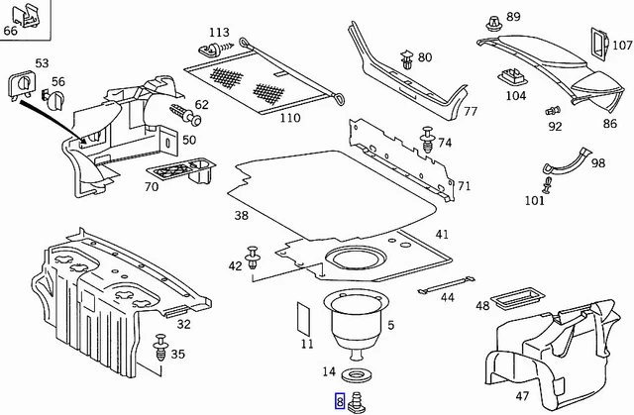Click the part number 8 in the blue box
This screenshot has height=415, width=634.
[x=340, y=401]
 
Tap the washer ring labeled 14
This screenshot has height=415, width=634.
[x=356, y=374]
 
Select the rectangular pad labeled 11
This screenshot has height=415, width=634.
[x=304, y=319]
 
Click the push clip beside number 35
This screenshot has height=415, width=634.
[x=160, y=349]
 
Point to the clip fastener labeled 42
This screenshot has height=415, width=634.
[x=253, y=257]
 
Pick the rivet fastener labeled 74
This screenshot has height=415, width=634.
[x=428, y=140]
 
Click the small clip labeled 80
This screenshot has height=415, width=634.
[x=407, y=59]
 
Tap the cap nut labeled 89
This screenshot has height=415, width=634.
[x=493, y=24]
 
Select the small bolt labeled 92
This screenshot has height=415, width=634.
[x=553, y=110]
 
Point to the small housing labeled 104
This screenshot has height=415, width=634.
[x=514, y=77]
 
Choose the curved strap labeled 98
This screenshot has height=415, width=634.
[x=566, y=161]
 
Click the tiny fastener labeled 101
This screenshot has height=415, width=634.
[x=547, y=185]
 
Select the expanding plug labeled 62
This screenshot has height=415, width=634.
[x=186, y=113]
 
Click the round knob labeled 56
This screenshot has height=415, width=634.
[x=54, y=99]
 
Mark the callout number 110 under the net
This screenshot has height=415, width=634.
[x=290, y=118]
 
